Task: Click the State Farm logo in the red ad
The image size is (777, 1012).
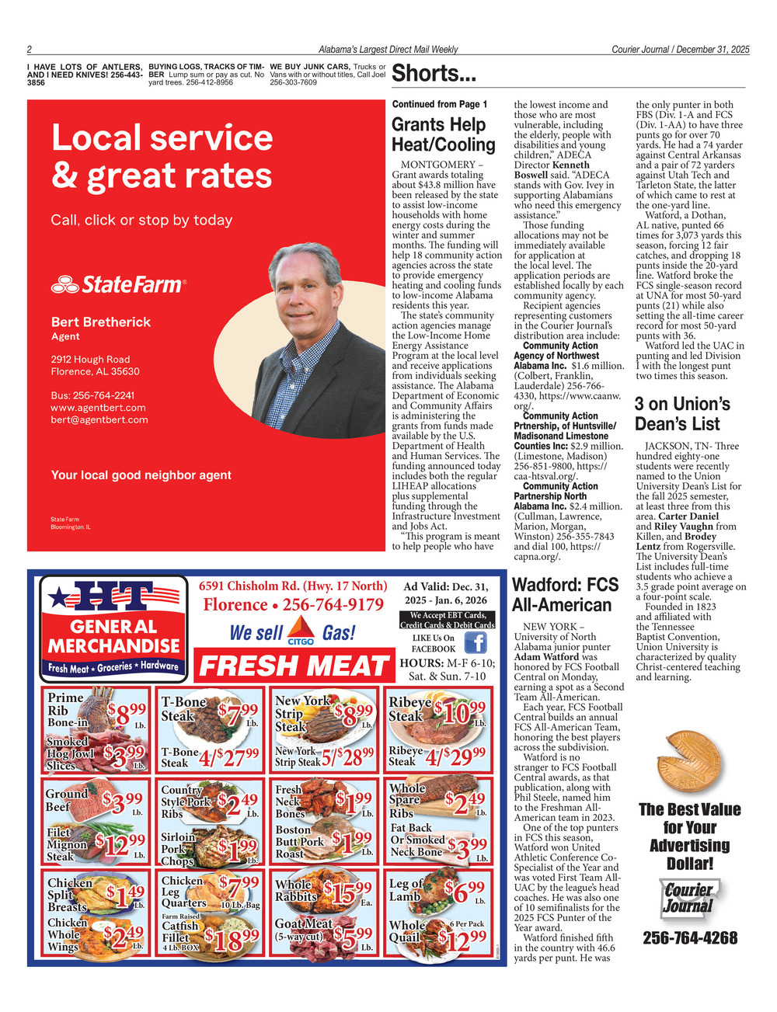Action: (x=119, y=285)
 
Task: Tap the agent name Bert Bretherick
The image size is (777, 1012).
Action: (x=101, y=322)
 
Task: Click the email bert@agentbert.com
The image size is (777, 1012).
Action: (x=99, y=420)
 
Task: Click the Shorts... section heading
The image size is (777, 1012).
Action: (x=434, y=74)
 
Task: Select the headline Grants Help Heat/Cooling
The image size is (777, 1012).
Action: (x=443, y=134)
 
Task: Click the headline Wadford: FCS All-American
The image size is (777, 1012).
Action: (x=565, y=595)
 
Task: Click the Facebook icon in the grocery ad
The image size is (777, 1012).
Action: (x=475, y=643)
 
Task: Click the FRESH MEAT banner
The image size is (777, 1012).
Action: (x=294, y=666)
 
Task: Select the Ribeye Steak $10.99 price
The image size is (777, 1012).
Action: (x=461, y=711)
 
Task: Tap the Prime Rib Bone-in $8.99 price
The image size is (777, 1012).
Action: (x=127, y=713)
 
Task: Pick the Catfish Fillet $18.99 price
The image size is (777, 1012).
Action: (x=232, y=940)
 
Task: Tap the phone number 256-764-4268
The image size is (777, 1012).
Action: (x=690, y=938)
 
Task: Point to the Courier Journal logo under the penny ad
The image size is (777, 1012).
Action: (x=688, y=898)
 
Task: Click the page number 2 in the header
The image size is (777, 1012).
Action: (x=29, y=50)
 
